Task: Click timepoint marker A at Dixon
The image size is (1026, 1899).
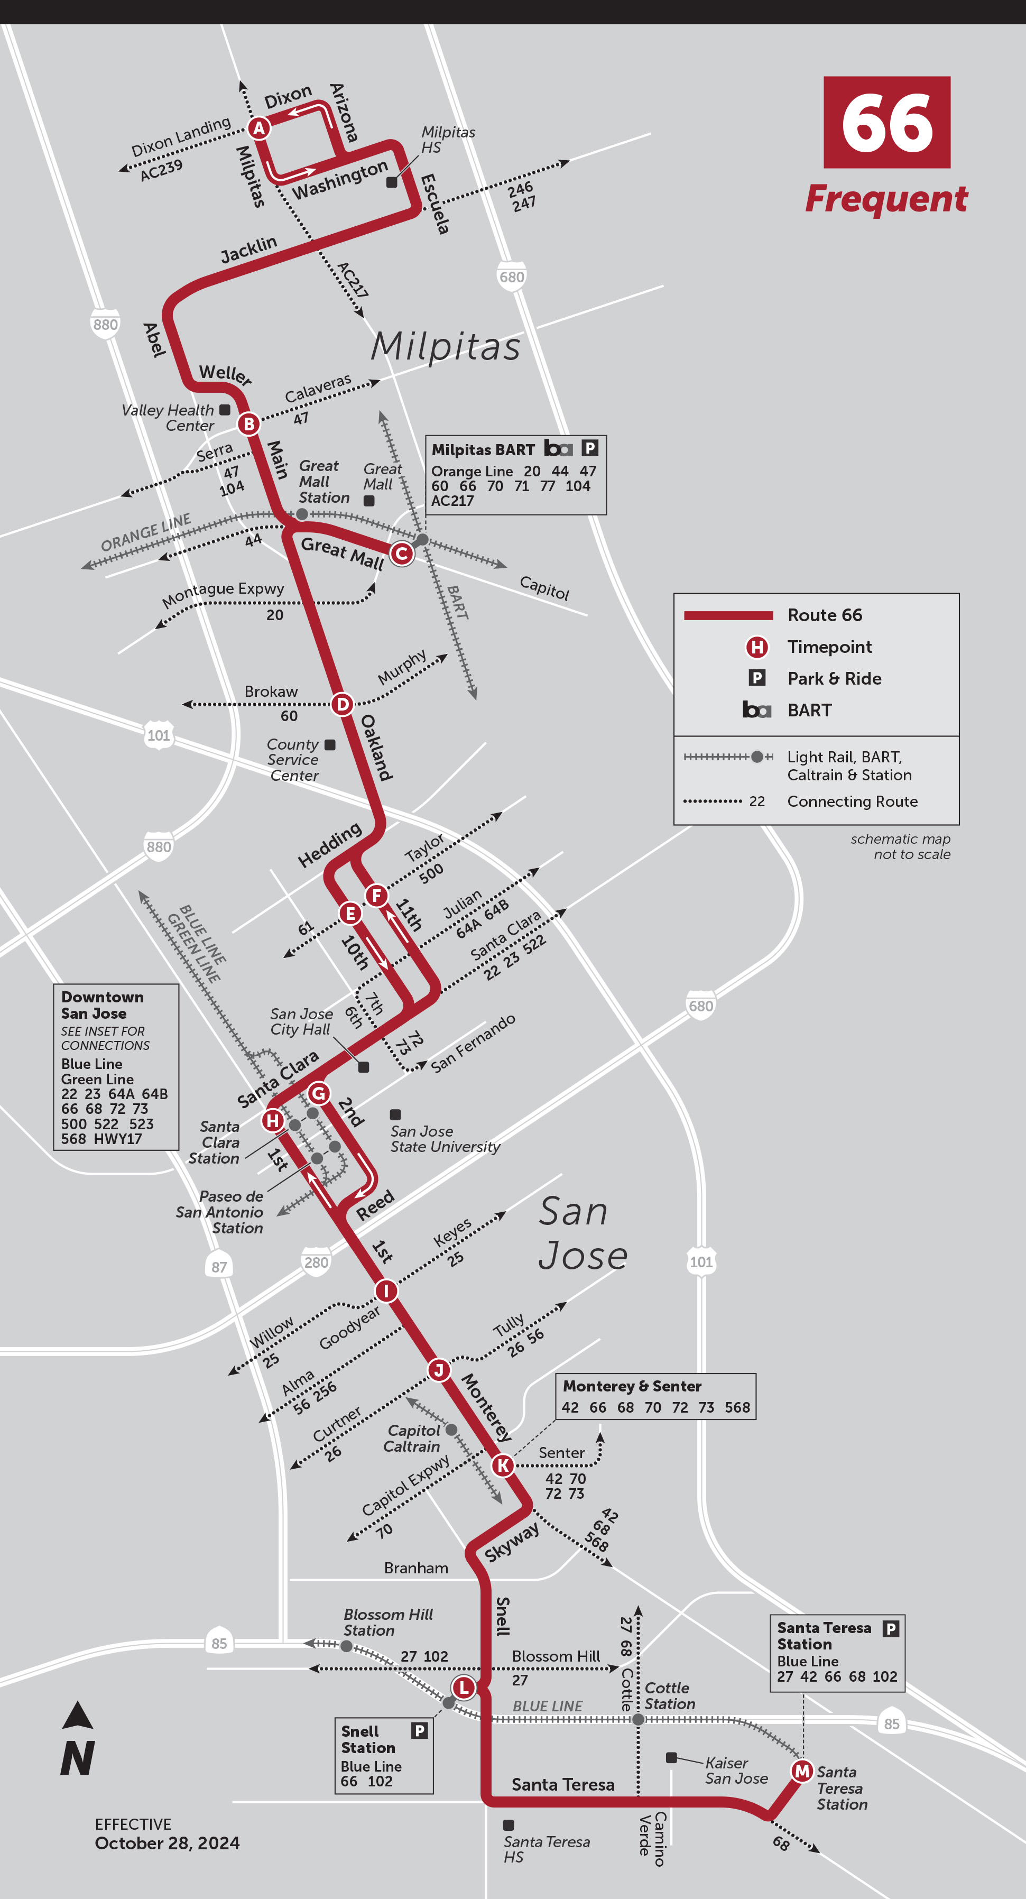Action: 258,128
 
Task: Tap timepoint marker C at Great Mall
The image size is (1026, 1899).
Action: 401,553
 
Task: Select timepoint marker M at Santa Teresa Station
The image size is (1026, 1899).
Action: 802,1770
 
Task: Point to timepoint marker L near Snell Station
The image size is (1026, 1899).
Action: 464,1686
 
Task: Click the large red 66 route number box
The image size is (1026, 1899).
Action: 886,122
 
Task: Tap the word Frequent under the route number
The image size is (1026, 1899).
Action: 886,199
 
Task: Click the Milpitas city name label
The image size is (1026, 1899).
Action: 445,346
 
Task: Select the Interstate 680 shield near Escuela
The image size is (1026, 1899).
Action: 512,276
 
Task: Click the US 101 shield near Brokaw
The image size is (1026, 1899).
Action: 159,735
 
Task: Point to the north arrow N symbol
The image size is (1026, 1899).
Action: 77,1740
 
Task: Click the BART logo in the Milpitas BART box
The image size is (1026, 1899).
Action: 558,448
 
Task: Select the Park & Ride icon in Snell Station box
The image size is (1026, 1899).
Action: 419,1730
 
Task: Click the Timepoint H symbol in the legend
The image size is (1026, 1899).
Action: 757,647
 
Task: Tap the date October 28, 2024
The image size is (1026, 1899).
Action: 168,1843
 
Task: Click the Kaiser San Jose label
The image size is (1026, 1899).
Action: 736,1770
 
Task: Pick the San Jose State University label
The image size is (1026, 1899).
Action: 445,1139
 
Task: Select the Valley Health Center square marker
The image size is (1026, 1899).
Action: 225,409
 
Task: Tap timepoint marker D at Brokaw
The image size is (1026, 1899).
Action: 342,704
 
